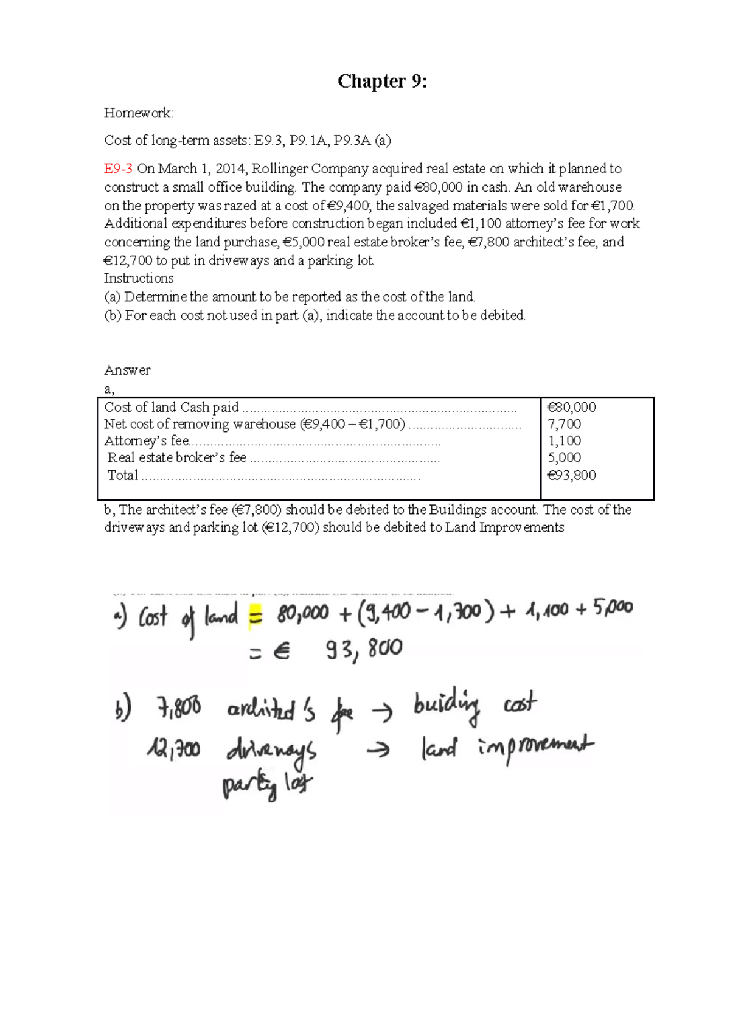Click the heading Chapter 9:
click(382, 81)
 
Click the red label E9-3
click(118, 169)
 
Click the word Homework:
click(139, 113)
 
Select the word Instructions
click(139, 279)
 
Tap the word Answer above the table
click(127, 370)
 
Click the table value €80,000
click(571, 407)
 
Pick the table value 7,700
click(564, 424)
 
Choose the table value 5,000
click(564, 457)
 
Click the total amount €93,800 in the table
click(571, 475)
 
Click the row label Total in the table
click(123, 475)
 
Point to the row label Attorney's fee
click(147, 440)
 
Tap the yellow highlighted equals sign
click(255, 617)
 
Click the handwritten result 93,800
click(364, 650)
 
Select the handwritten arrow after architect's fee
click(382, 711)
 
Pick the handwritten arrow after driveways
click(378, 751)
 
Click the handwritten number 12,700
click(173, 749)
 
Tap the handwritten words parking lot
click(267, 784)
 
